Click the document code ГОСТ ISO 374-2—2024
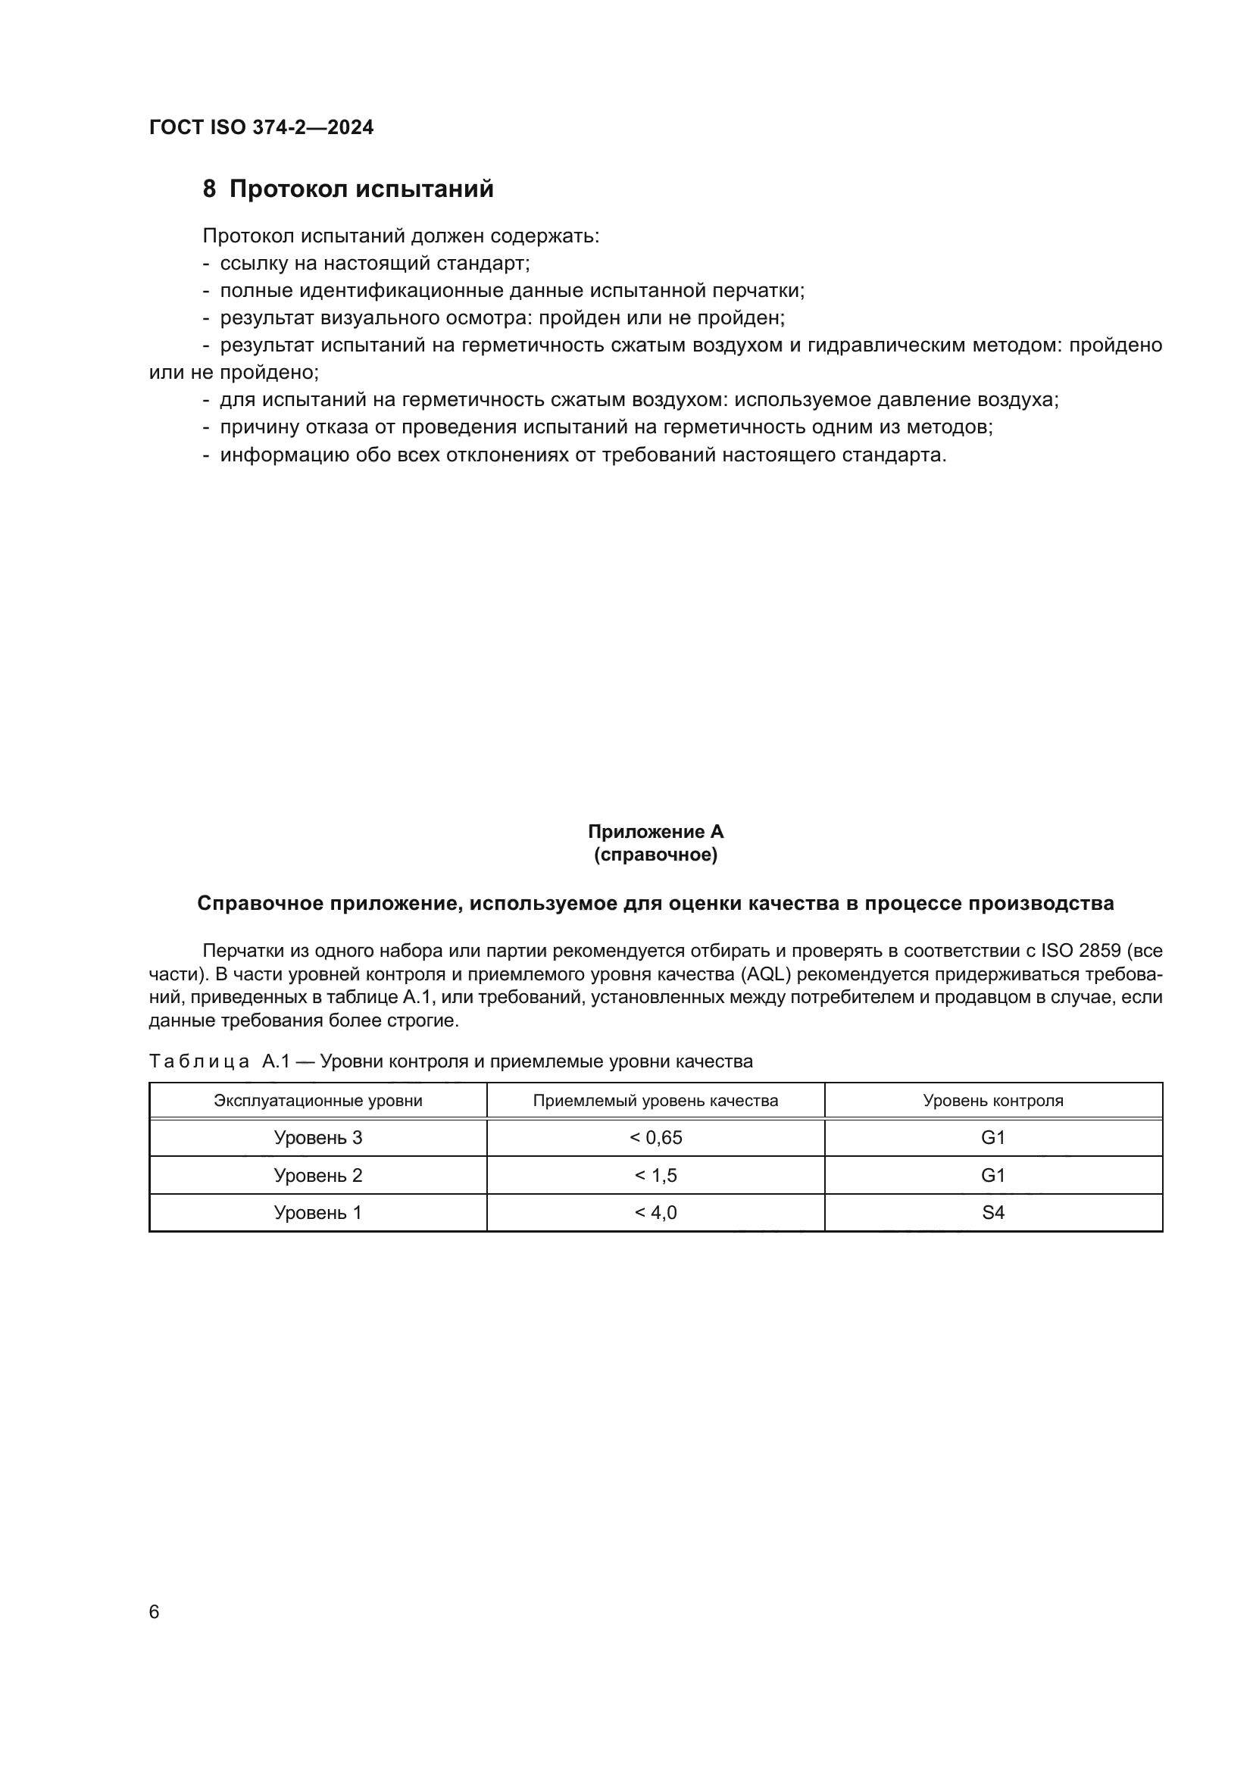(x=261, y=127)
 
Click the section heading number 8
(x=209, y=189)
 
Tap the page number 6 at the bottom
(x=155, y=1611)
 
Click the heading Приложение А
(x=655, y=832)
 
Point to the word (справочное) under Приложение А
(x=655, y=855)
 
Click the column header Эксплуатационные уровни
(x=318, y=1101)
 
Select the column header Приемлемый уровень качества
(x=655, y=1101)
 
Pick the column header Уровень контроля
(x=993, y=1101)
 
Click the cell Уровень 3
(x=318, y=1138)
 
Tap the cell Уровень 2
(x=318, y=1176)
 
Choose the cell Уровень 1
(x=318, y=1212)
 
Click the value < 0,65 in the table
(x=656, y=1138)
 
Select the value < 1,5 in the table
(x=656, y=1176)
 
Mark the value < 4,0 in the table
(x=656, y=1212)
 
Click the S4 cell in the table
(x=993, y=1212)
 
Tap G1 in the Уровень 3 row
(x=993, y=1138)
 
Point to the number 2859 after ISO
(x=1099, y=951)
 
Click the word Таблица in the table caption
(x=199, y=1062)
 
